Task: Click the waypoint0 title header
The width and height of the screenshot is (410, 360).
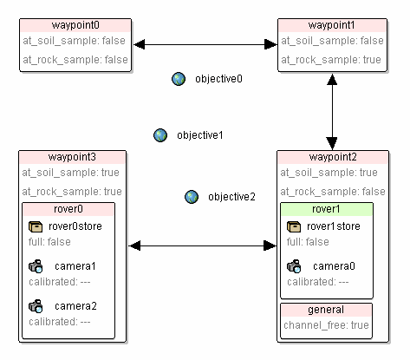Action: (x=75, y=25)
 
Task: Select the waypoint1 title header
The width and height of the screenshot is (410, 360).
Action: (x=332, y=25)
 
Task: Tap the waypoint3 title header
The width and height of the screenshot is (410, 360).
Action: (x=72, y=157)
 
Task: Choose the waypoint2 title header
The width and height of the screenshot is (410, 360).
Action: (x=333, y=157)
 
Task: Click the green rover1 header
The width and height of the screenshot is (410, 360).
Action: (x=327, y=209)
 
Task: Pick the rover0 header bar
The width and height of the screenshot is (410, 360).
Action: (x=68, y=209)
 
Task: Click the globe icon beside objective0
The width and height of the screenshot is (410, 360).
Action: (x=179, y=79)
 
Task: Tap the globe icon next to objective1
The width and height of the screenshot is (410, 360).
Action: (x=160, y=135)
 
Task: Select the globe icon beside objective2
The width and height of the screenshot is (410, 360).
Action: (x=192, y=197)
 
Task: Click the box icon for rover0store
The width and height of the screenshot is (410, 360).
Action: (x=36, y=226)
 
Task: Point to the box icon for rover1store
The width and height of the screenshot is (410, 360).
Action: (x=294, y=226)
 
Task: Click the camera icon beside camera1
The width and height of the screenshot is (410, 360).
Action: (x=36, y=266)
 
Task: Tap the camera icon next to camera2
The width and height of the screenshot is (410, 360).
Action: (x=36, y=306)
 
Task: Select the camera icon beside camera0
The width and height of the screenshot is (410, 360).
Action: (x=294, y=266)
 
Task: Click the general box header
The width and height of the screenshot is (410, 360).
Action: (x=326, y=310)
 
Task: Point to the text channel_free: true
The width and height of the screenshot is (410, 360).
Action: (x=326, y=325)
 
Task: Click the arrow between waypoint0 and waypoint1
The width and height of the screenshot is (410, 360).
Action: (x=205, y=44)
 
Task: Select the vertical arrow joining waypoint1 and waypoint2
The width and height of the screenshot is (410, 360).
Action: (x=332, y=112)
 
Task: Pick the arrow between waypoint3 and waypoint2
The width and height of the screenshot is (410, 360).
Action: (x=203, y=246)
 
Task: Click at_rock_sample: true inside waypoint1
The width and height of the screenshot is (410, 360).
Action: (x=331, y=60)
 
